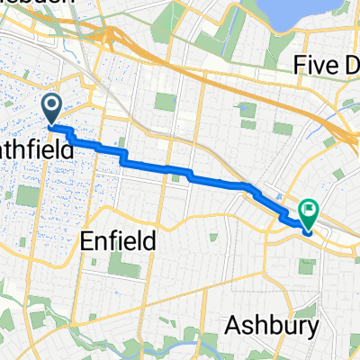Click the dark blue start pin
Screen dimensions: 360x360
click(x=51, y=109)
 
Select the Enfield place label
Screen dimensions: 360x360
click(x=119, y=240)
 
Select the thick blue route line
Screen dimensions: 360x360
click(x=180, y=171)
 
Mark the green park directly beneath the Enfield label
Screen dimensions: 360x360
click(x=122, y=265)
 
